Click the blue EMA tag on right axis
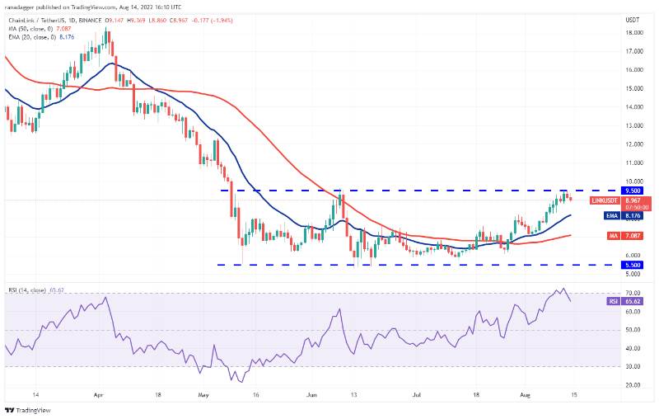(610, 216)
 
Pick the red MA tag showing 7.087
(610, 236)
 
